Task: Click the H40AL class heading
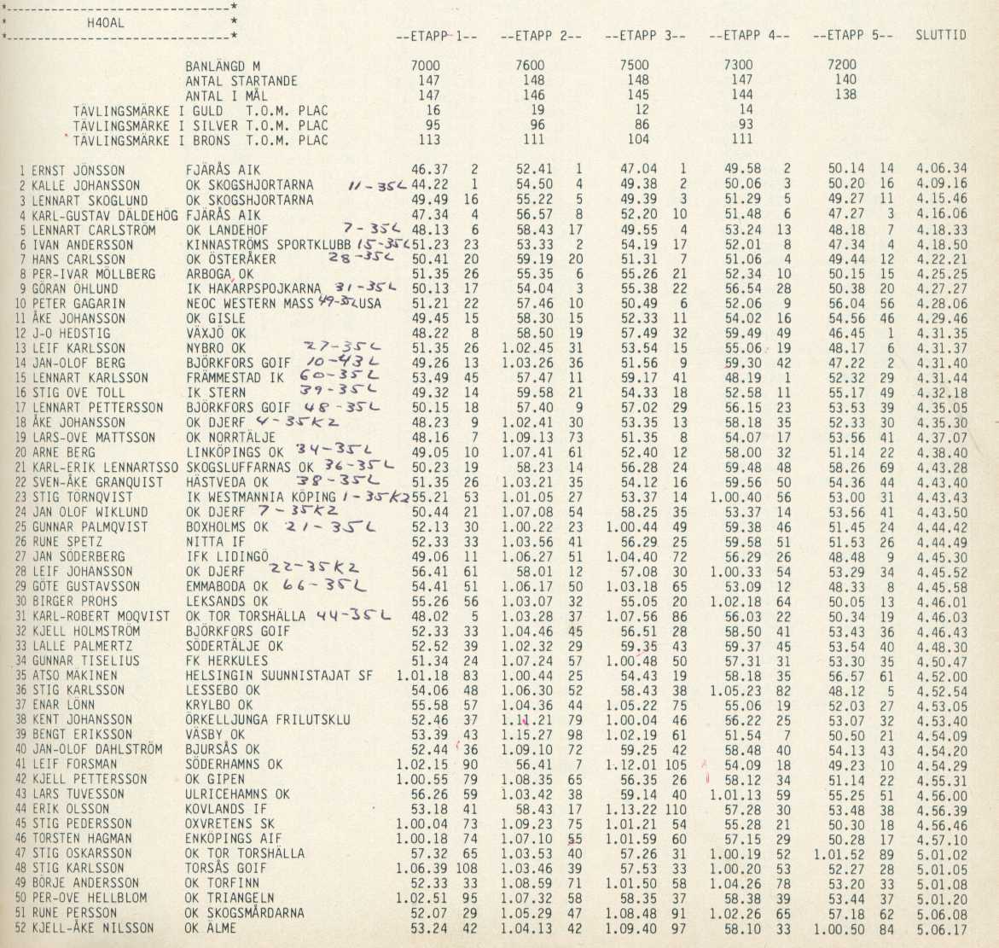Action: [x=106, y=23]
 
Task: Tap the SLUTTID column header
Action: [x=941, y=36]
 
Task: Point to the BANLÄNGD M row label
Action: [x=223, y=66]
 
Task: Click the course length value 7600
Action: [x=530, y=66]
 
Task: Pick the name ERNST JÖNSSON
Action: [x=78, y=171]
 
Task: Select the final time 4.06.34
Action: [x=942, y=170]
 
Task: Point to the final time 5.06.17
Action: [x=942, y=928]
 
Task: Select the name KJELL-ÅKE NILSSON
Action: [x=93, y=928]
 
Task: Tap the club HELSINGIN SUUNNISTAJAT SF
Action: [x=279, y=676]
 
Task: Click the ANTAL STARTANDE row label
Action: [x=241, y=81]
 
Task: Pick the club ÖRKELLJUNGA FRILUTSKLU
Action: [x=268, y=720]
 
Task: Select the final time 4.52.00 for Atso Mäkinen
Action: [x=942, y=676]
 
